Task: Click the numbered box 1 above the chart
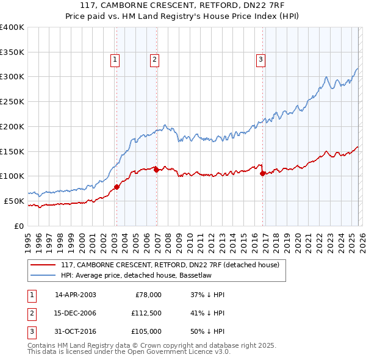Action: point(115,60)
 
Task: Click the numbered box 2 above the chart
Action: point(154,60)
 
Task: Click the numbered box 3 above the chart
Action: point(260,60)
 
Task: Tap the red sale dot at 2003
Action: point(117,187)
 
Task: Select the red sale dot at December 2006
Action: point(156,170)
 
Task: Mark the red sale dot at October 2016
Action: point(263,173)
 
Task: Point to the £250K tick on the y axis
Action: point(12,102)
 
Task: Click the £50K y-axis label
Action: point(14,201)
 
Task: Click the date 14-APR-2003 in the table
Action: point(75,295)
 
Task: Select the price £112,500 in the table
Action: point(146,313)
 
